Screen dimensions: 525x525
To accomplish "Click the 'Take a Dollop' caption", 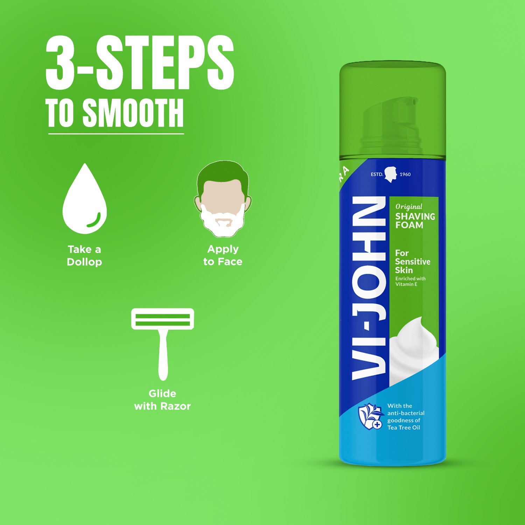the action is coord(84,255).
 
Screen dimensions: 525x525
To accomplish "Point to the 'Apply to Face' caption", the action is coord(223,255).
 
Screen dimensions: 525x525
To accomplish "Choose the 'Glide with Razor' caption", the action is coord(162,400).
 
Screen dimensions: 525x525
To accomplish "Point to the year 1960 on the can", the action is coord(405,174).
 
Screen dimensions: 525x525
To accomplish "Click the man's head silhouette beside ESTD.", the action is coord(391,174).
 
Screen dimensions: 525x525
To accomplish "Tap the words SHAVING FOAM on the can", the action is coord(415,220).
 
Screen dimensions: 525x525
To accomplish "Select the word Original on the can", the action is coord(409,207).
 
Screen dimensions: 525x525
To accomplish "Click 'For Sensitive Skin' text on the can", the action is coord(413,261).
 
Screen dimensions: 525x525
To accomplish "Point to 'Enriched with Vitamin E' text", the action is coord(411,281).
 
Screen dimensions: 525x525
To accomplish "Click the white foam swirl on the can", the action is coord(414,350).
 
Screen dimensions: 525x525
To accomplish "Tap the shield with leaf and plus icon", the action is coord(370,416).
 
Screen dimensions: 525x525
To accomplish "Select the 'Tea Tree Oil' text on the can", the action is coord(404,428).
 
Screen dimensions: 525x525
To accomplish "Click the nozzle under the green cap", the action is coord(391,126).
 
